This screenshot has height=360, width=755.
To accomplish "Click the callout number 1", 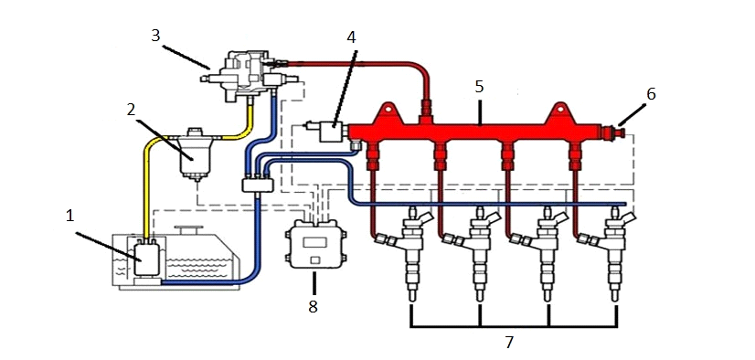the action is [x=70, y=217].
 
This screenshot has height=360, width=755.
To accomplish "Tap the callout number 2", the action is [x=132, y=111].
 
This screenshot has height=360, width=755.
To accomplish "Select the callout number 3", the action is [x=155, y=36].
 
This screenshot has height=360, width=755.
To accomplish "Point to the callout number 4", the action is [x=352, y=37].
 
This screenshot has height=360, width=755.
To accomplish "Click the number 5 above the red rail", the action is [x=479, y=87].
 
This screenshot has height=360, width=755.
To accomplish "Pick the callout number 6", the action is [x=651, y=94].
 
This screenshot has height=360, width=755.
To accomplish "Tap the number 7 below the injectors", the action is [x=509, y=343].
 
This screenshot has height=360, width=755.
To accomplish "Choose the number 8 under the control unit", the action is [x=313, y=307].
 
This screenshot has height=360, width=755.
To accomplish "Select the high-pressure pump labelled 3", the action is [x=246, y=75].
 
